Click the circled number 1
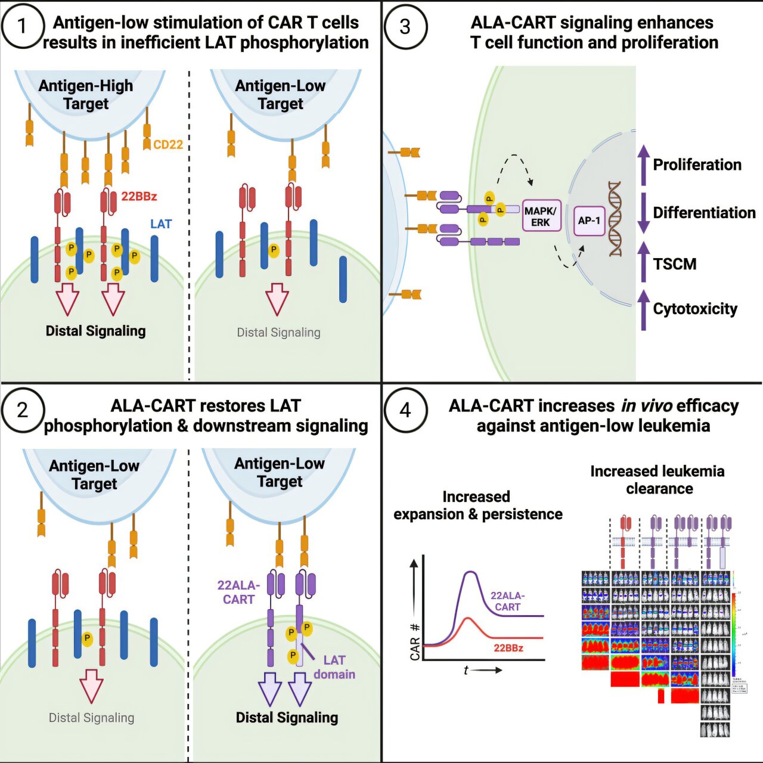(x=23, y=27)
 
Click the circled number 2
(x=23, y=410)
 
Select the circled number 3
(x=405, y=27)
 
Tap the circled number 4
(x=405, y=410)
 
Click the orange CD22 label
(x=168, y=145)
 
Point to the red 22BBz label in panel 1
(x=139, y=196)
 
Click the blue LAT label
(x=161, y=224)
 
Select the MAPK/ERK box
(x=541, y=216)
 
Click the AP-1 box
(x=589, y=221)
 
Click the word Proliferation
(x=697, y=165)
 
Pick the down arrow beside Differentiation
(x=643, y=213)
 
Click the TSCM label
(x=674, y=263)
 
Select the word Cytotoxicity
(x=695, y=309)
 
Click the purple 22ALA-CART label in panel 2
(x=238, y=593)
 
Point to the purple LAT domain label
(x=334, y=667)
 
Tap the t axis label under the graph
(x=466, y=670)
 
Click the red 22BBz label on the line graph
(x=508, y=648)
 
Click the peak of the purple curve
(x=471, y=572)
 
